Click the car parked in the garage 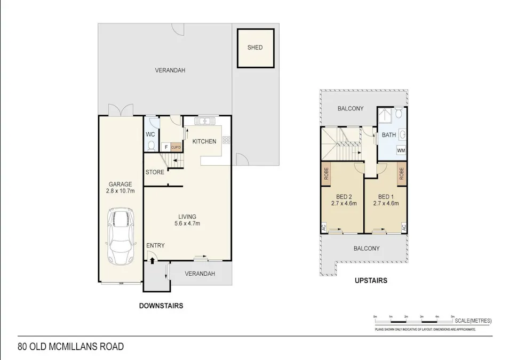coord(121,235)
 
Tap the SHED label coord(255,47)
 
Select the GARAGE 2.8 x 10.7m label coord(120,187)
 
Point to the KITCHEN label coord(204,141)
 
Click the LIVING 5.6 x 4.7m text coord(187,220)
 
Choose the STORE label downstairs coord(155,172)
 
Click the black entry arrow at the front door coord(152,261)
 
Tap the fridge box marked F coord(166,147)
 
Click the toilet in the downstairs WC coord(151,146)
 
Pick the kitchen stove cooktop coord(226,141)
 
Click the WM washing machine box coord(401,151)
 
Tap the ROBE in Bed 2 coord(325,174)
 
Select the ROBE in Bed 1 coord(402,174)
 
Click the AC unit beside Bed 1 coord(404,227)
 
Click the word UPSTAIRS coord(371,280)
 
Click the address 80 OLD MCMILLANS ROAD coord(71,347)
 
